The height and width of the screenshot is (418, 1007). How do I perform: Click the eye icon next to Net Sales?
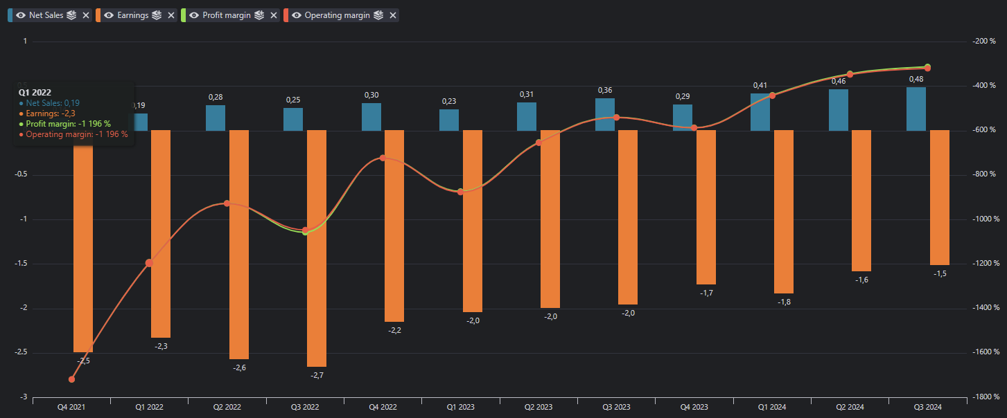click(21, 15)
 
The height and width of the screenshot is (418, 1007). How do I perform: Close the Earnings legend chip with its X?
click(171, 15)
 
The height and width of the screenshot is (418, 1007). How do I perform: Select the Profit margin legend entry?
click(226, 15)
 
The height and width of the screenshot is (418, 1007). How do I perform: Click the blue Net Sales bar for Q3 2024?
click(916, 109)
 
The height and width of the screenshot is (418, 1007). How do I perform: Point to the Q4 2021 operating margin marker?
click(72, 379)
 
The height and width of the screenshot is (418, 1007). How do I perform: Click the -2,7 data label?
click(317, 375)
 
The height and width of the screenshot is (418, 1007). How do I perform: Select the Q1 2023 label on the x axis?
click(460, 408)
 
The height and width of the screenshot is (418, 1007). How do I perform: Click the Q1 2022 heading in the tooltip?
click(35, 92)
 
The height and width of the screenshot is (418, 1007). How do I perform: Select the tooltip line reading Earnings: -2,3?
click(53, 113)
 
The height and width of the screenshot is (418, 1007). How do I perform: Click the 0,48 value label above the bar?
click(916, 79)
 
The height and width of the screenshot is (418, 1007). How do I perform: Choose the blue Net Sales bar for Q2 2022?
click(216, 118)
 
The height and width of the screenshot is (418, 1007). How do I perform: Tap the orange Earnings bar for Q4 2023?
click(706, 207)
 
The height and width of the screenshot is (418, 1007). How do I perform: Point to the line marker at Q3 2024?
click(927, 68)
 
